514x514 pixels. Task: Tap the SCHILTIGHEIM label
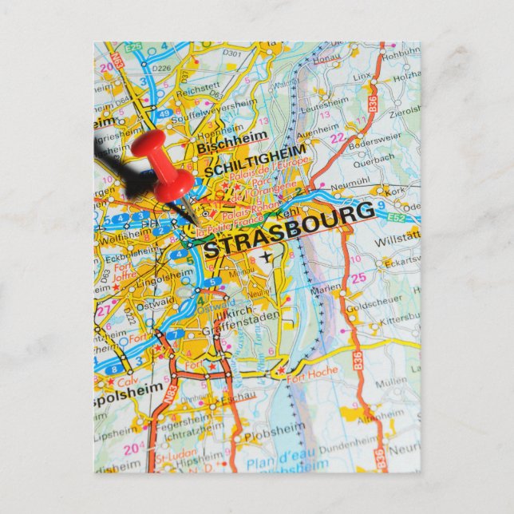(x=255, y=162)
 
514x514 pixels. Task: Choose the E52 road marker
(x=398, y=216)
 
